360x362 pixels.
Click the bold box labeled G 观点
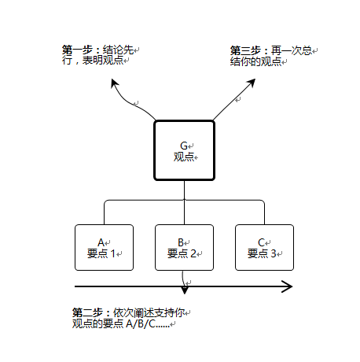click(184, 150)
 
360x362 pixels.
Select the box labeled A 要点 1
click(103, 248)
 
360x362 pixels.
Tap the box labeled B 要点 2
click(184, 248)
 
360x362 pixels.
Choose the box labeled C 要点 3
click(264, 248)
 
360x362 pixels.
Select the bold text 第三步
click(245, 50)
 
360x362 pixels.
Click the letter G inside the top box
click(184, 146)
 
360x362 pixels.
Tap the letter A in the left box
click(101, 242)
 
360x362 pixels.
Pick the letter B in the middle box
click(181, 242)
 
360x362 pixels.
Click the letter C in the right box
click(261, 242)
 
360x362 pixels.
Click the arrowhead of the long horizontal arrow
click(288, 286)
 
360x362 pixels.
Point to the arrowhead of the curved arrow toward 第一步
click(115, 83)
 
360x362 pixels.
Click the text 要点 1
click(101, 253)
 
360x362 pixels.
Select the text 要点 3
click(263, 253)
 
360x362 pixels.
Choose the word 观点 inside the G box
click(183, 157)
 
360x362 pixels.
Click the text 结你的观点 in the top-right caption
click(255, 61)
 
